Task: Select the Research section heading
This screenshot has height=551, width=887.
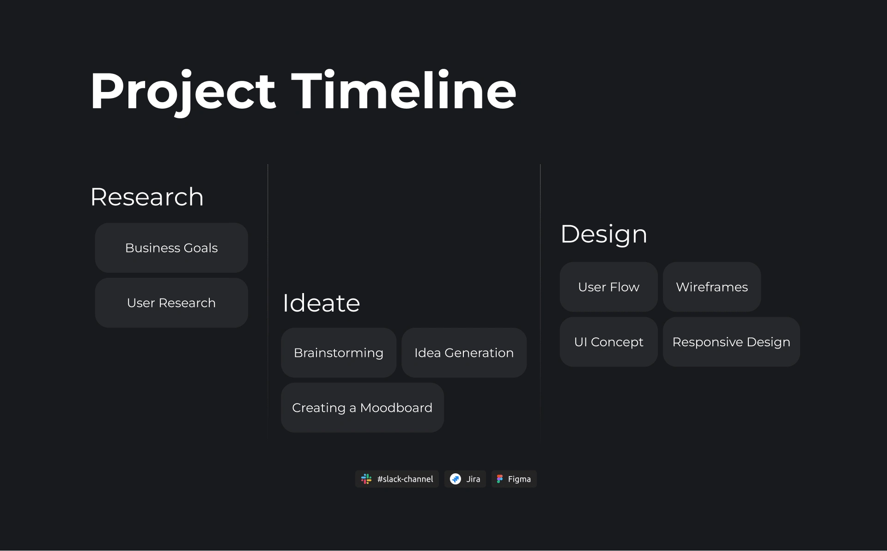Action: pos(147,197)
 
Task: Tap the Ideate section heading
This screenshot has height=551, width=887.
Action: pos(321,303)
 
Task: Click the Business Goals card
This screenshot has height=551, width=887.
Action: pos(171,248)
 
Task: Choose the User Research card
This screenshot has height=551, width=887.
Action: pos(171,303)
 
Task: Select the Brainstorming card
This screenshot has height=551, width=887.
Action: pos(339,353)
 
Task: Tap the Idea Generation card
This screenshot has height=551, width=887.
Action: pos(464,353)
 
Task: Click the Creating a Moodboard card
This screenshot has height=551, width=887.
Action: pos(362,408)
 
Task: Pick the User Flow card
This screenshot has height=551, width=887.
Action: pos(608,287)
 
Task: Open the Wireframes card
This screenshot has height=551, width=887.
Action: pos(712,287)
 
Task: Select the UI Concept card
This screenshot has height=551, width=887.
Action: pos(608,342)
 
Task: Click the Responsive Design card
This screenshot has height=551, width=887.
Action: pos(731,342)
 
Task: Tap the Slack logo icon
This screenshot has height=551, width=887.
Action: pos(366,479)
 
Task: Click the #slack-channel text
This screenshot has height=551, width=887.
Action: pos(405,479)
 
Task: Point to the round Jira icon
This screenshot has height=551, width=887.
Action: pos(456,479)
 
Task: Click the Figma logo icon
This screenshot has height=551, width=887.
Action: pos(499,479)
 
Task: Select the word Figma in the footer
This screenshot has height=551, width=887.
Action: pos(519,479)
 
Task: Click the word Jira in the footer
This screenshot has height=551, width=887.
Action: pos(473,479)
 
